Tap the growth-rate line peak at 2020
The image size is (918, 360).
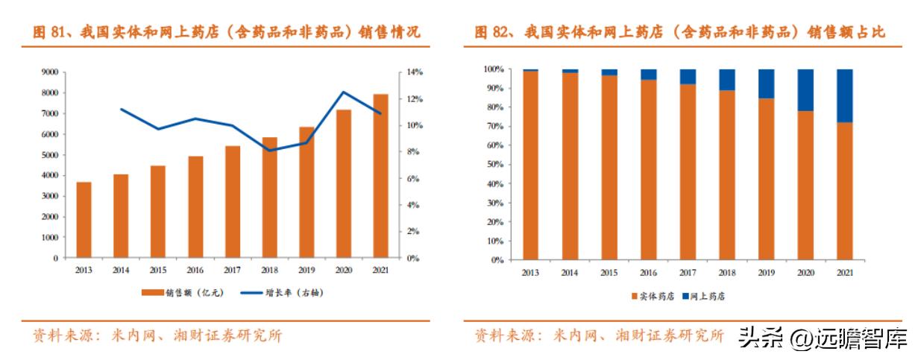pyautogui.click(x=343, y=92)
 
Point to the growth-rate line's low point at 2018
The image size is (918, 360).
pyautogui.click(x=269, y=151)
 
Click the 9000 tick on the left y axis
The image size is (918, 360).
pyautogui.click(x=50, y=72)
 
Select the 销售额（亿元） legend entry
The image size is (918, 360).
pyautogui.click(x=182, y=293)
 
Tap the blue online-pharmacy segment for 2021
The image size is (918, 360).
pyautogui.click(x=843, y=95)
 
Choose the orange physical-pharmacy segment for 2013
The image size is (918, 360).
pyautogui.click(x=530, y=165)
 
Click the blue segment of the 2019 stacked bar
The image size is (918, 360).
pyautogui.click(x=766, y=83)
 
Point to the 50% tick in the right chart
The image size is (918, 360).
pyautogui.click(x=494, y=165)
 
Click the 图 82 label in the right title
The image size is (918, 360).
pyautogui.click(x=492, y=32)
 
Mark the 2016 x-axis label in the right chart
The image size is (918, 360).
pyautogui.click(x=647, y=273)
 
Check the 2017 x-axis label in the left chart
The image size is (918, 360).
pyautogui.click(x=232, y=270)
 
